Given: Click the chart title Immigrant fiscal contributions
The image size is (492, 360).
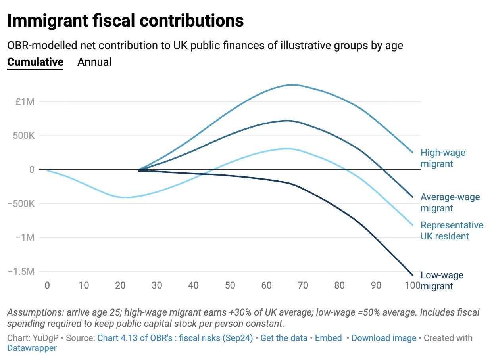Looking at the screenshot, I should tap(125, 21).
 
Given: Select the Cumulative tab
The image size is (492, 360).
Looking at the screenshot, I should tap(35, 62).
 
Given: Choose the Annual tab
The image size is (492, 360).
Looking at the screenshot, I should tap(94, 62).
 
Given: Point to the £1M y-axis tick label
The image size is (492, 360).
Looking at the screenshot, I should tap(25, 102).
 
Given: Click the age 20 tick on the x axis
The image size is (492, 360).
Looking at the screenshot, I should tap(120, 285).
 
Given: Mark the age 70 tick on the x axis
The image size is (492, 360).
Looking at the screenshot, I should tap(303, 285).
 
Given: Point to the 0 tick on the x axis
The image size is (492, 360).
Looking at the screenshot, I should tap(47, 285).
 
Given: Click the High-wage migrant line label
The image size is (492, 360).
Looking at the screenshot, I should tap(443, 158).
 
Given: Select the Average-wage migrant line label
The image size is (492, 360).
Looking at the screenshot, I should tap(450, 203).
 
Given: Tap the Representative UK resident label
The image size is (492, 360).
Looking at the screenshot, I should tap(452, 231).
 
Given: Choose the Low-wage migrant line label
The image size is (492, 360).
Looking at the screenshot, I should tap(442, 281).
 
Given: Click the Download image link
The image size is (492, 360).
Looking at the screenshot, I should tap(384, 338).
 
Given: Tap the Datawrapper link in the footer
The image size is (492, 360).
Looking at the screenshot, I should tap(32, 348).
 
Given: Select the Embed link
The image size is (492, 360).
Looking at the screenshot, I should tap(328, 338).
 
